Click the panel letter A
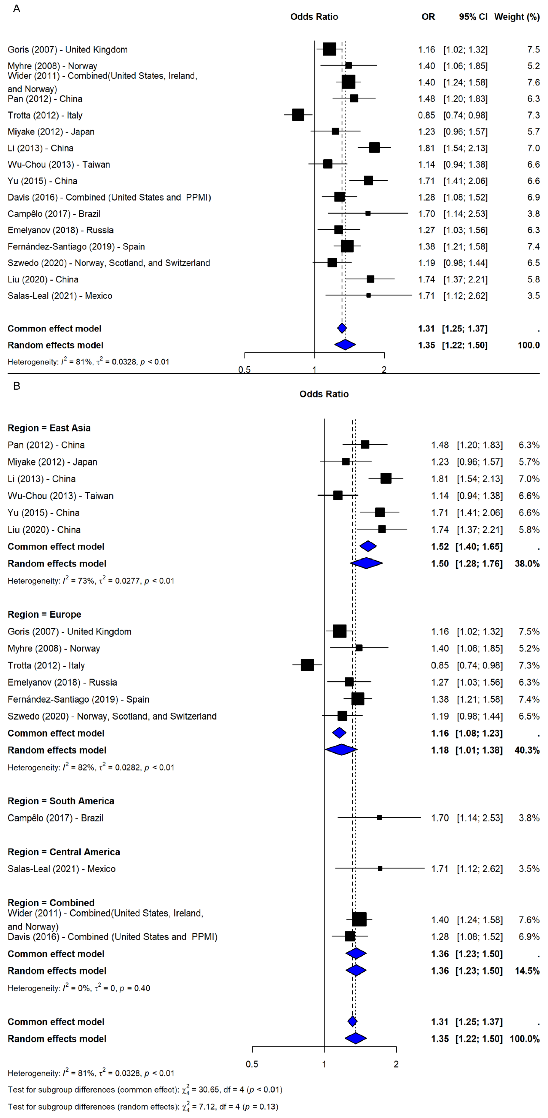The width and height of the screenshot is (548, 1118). pyautogui.click(x=17, y=9)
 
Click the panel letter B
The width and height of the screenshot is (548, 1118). pyautogui.click(x=17, y=386)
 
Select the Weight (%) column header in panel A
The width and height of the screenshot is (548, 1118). pyautogui.click(x=517, y=17)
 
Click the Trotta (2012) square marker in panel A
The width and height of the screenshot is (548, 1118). pyautogui.click(x=298, y=115)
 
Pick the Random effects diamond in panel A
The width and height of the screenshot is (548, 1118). pyautogui.click(x=345, y=345)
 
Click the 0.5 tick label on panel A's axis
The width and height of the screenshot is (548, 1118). pyautogui.click(x=244, y=370)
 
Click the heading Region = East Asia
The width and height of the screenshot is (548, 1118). pyautogui.click(x=49, y=428)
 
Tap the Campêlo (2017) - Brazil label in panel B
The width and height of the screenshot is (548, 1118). pyautogui.click(x=56, y=818)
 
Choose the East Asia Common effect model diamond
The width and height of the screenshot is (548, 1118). pyautogui.click(x=368, y=546)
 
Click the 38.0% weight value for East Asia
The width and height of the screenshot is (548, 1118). pyautogui.click(x=527, y=563)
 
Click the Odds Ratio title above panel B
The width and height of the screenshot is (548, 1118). pyautogui.click(x=324, y=394)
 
